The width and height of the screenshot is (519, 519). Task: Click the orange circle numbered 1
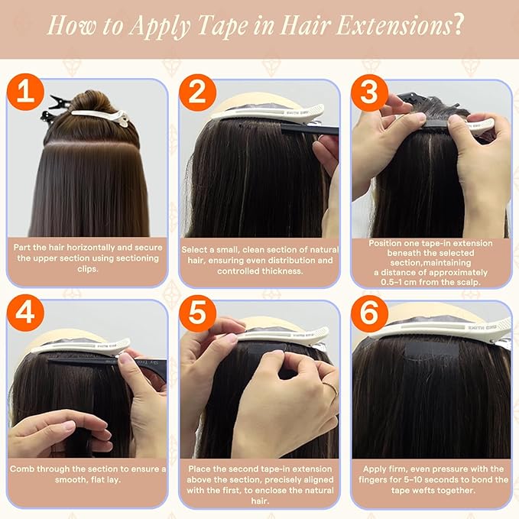tap(25, 92)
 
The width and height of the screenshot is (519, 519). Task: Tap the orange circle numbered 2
tap(198, 92)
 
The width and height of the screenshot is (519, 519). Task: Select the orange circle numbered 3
tap(370, 92)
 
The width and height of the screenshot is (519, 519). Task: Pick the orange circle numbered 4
tap(25, 313)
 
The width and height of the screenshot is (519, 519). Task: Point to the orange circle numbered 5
tap(198, 313)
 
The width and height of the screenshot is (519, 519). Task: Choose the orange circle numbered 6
tap(370, 313)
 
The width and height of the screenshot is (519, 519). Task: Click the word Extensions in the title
tap(393, 25)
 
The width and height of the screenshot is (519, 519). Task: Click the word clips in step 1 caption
tap(88, 269)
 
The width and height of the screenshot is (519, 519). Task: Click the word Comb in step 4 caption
tap(22, 469)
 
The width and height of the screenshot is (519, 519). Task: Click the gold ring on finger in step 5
tap(331, 388)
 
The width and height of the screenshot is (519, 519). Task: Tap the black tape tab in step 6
tap(432, 352)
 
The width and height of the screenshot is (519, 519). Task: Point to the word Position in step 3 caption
tap(383, 243)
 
